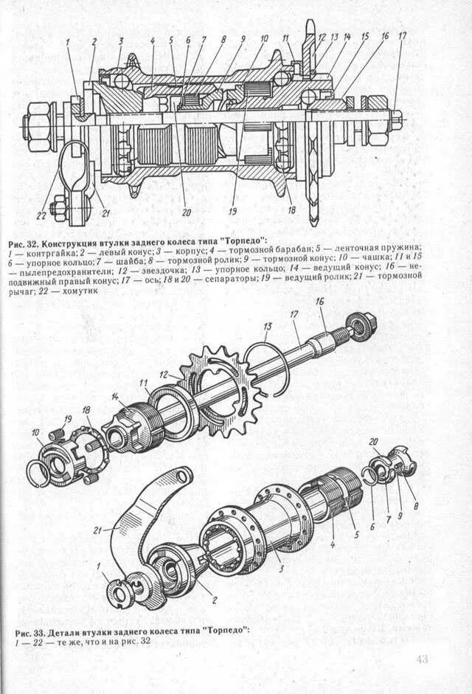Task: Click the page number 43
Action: point(422,659)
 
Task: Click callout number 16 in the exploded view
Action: point(319,302)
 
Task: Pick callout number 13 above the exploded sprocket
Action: point(268,326)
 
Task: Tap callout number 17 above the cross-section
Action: point(402,35)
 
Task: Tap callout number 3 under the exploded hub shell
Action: point(280,569)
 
